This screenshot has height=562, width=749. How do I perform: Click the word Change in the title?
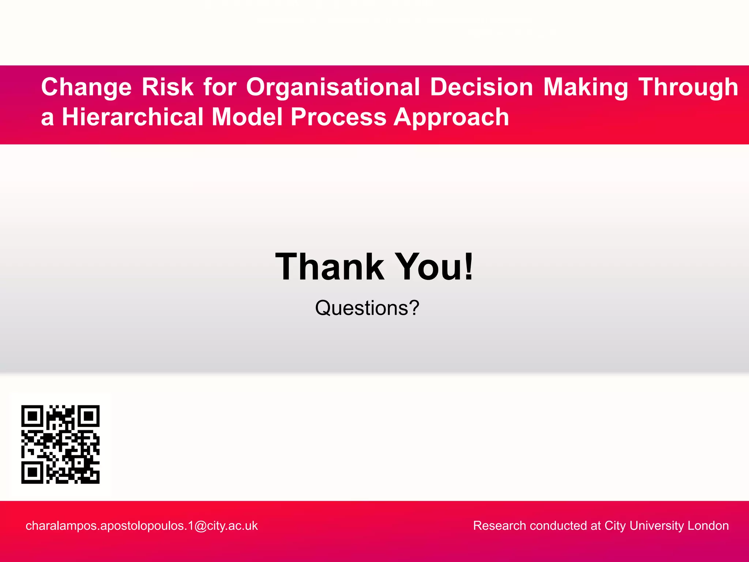pos(86,88)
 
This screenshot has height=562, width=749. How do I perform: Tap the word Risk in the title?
pos(168,87)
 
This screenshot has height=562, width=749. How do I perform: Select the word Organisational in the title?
pos(333,88)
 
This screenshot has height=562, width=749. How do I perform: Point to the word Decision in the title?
pos(481,87)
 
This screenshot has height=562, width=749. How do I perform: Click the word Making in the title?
pos(586,88)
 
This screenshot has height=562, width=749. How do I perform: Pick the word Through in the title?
pos(688,88)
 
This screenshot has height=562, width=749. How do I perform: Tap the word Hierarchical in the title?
pos(132,117)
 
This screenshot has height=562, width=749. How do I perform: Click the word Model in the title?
pos(247,117)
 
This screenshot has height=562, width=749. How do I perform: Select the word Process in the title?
pos(338,117)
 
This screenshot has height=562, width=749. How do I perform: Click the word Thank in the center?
pos(329,267)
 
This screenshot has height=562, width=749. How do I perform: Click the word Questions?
pos(367,308)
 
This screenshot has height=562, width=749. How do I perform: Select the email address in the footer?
pos(142,526)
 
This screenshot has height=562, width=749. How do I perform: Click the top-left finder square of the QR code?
pos(33,416)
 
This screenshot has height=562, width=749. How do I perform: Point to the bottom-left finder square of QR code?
pos(33,472)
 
